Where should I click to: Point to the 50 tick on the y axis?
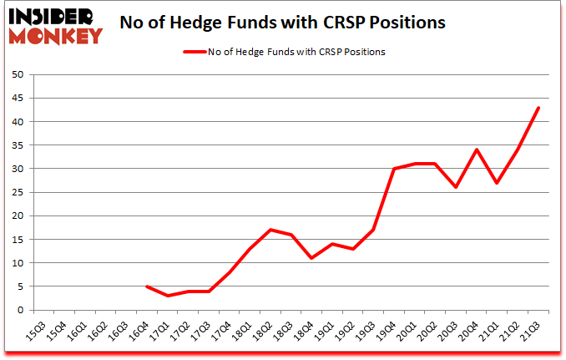click(x=18, y=74)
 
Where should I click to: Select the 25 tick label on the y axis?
click(x=18, y=192)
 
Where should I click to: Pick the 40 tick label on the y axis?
click(x=18, y=122)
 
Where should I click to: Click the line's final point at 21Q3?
click(x=538, y=108)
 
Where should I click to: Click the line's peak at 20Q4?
click(x=476, y=150)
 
